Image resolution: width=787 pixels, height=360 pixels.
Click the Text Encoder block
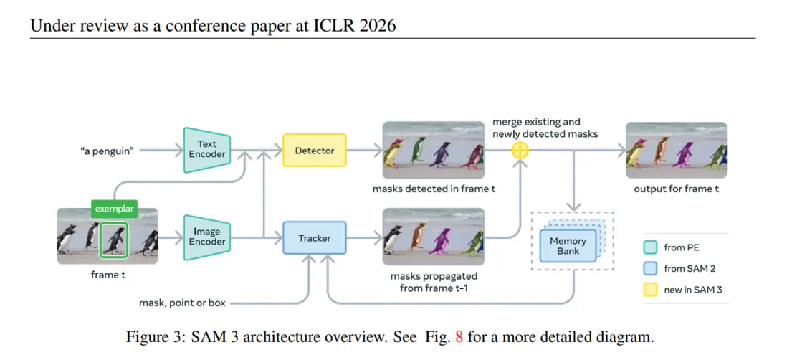point(206,150)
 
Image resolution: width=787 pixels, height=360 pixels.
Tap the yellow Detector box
point(315,151)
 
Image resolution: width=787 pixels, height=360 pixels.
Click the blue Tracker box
point(315,237)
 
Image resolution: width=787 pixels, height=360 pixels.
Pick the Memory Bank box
point(568,245)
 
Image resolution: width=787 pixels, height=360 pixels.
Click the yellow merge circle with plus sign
point(520,151)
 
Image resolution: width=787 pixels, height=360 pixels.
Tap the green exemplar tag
point(113,209)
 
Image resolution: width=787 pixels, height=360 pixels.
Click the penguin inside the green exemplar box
point(113,240)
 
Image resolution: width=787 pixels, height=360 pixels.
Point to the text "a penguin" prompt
point(107,151)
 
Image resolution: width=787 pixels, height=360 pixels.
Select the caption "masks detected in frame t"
point(434,189)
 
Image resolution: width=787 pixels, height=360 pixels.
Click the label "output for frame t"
point(676,189)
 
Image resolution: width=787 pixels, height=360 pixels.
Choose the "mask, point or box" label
point(182,303)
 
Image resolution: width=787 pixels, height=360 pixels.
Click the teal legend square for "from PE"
point(649,247)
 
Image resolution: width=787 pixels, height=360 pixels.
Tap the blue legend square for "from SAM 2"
point(649,269)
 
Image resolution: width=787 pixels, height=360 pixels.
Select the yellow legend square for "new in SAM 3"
point(649,290)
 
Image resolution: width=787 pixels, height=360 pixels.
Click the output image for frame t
point(676,150)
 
